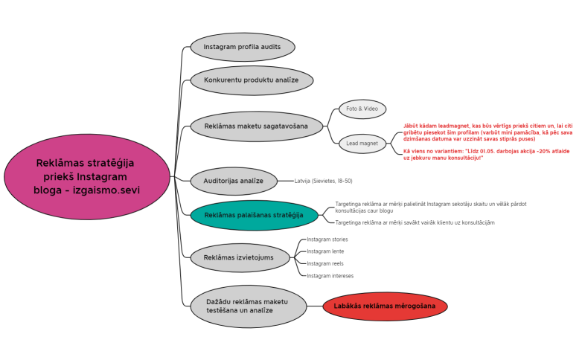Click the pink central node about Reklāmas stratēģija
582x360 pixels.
[x=86, y=176]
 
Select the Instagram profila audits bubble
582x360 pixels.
[x=243, y=47]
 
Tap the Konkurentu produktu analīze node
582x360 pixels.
[x=252, y=80]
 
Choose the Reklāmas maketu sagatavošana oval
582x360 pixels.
[x=256, y=126]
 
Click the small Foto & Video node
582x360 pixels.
[x=362, y=109]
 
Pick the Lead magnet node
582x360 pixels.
[x=362, y=143]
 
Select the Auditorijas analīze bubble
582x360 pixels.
[x=234, y=181]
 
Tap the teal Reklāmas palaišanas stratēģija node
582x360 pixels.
[x=254, y=215]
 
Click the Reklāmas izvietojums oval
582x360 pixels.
[x=240, y=257]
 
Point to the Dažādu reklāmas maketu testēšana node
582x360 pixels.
[x=247, y=306]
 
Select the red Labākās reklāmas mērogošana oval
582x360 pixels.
[x=385, y=306]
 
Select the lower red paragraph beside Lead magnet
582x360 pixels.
[x=486, y=154]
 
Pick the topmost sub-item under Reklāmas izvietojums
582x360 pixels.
[x=327, y=240]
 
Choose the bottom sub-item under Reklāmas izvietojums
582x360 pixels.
[x=330, y=275]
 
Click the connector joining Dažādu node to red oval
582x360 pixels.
[x=315, y=306]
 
